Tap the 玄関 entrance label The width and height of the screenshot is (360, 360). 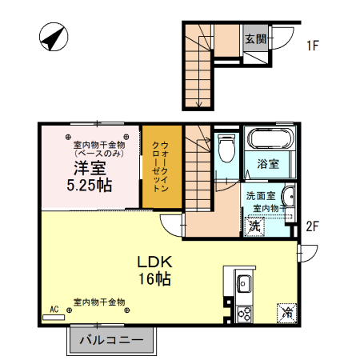(x=255, y=38)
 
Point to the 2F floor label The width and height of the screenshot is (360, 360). (x=312, y=226)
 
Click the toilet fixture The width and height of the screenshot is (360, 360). (x=225, y=149)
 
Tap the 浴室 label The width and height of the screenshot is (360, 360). (x=267, y=165)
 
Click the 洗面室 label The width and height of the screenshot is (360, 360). (x=260, y=195)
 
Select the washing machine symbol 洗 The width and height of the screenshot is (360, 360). (x=254, y=226)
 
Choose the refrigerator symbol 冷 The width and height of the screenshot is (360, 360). (x=286, y=313)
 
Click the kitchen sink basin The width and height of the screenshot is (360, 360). (x=243, y=284)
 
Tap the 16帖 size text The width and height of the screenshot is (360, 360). (x=154, y=279)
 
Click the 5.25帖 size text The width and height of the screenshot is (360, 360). (x=90, y=184)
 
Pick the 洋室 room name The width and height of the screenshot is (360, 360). (x=90, y=167)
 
